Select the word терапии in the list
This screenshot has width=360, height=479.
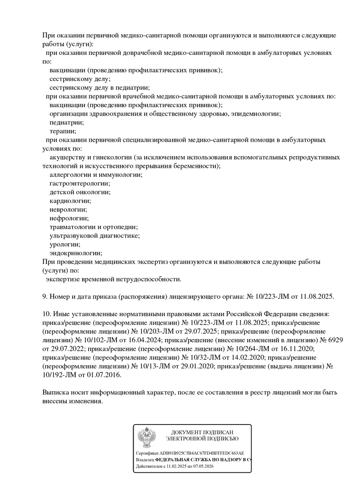[63, 131]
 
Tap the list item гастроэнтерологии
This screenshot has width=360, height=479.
[79, 184]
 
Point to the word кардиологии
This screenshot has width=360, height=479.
[70, 201]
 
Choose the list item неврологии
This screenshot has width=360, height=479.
[68, 210]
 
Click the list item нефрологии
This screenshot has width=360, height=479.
[69, 218]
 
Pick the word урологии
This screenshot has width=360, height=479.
[65, 245]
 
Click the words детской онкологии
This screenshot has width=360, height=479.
[80, 192]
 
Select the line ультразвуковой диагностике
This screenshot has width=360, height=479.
[94, 236]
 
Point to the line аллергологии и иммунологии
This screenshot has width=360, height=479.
[96, 175]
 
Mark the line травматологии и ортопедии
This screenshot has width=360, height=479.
[94, 227]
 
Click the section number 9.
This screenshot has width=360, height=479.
[45, 296]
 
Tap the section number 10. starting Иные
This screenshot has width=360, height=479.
[47, 313]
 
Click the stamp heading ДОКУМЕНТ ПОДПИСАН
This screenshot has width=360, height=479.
[202, 432]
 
